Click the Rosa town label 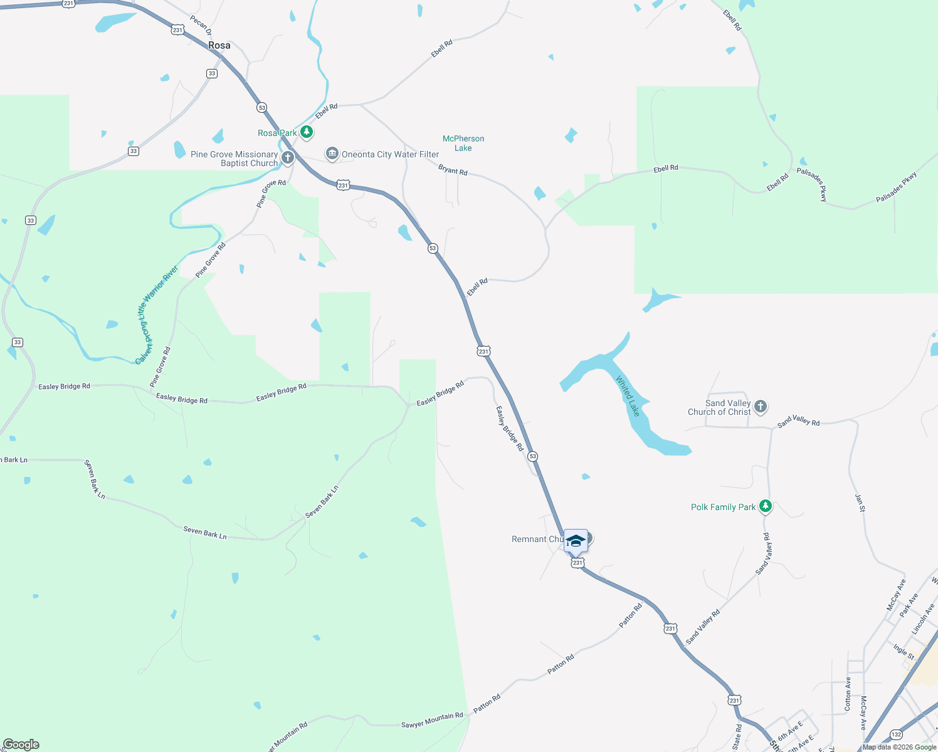point(219,45)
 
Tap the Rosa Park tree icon point(307,132)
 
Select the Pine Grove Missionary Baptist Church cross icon point(288,157)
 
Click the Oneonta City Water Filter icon point(332,154)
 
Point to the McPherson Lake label point(463,143)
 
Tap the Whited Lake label point(628,396)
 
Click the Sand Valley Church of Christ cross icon point(761,407)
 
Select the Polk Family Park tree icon point(765,506)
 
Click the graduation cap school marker point(576,540)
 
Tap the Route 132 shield point(896,734)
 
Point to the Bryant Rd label point(453,170)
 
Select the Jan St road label point(860,503)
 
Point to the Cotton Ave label point(848,693)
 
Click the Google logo point(21,744)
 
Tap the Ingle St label point(904,652)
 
